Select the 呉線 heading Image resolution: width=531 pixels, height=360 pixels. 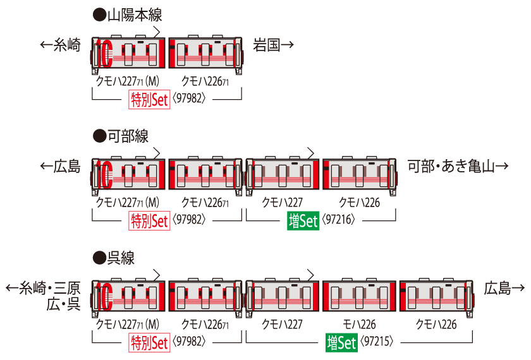[114, 258]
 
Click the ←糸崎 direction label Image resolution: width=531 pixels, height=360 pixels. [61, 45]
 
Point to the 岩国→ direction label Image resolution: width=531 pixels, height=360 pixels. [274, 45]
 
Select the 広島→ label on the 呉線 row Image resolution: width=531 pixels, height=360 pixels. [504, 289]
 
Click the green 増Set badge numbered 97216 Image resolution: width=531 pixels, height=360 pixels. [303, 222]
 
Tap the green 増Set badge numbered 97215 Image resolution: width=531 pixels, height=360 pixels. [342, 343]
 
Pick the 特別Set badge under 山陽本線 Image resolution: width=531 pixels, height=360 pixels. [150, 100]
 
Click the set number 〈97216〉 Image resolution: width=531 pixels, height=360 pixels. [339, 221]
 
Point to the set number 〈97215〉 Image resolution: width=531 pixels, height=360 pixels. [379, 343]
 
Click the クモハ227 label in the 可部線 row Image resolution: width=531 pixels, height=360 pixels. [283, 203]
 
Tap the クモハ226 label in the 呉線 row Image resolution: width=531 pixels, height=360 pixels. [437, 325]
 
